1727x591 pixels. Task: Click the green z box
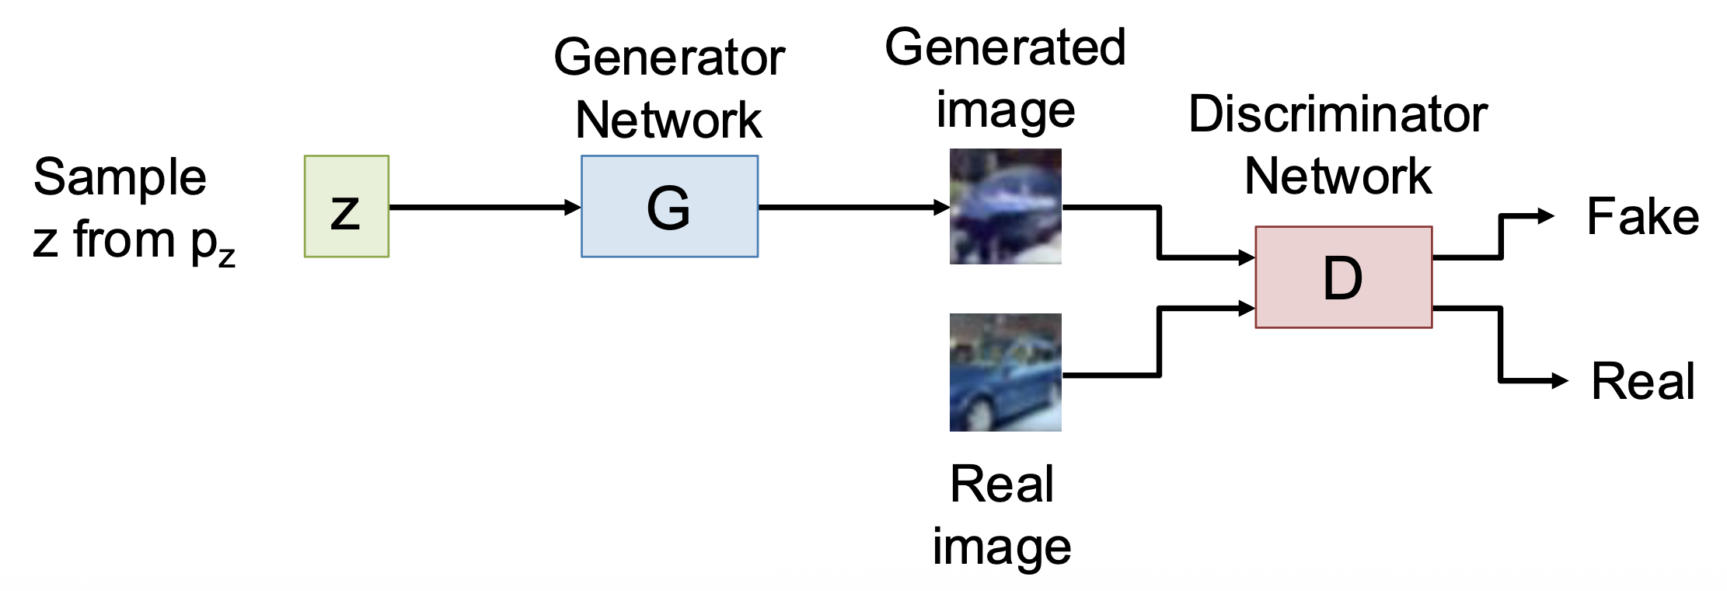point(347,207)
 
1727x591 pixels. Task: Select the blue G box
point(669,207)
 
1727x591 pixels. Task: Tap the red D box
point(1343,278)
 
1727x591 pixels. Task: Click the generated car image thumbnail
point(1005,207)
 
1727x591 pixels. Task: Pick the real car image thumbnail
point(1005,372)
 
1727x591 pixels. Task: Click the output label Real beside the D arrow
point(1642,381)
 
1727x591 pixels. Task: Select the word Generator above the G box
point(669,58)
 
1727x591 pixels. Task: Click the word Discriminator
point(1338,114)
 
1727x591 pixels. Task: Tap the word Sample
point(120,177)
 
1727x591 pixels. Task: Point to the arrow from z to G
point(482,208)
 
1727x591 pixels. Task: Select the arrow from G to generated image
point(851,208)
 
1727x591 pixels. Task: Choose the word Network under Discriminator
point(1338,176)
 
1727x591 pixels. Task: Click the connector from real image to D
point(1159,342)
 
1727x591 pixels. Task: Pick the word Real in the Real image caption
point(1002,484)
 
